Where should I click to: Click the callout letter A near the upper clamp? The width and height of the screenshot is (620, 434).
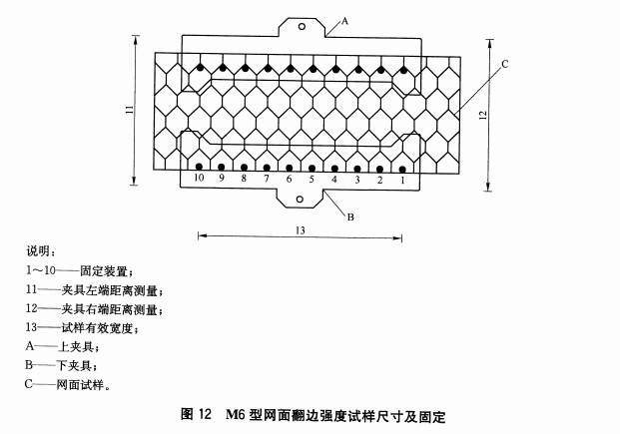pos(344,21)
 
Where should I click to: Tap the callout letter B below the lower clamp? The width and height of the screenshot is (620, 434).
pos(350,217)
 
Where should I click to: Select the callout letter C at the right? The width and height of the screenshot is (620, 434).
pos(504,64)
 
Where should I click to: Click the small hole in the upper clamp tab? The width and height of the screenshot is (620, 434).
pos(302,27)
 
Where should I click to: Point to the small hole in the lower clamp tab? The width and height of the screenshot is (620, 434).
pos(300,200)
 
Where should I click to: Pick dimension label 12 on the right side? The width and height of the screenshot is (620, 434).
pos(482,115)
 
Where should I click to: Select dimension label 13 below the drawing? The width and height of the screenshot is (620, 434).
pos(301,230)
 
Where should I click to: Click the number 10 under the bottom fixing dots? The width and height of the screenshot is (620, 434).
pos(199,178)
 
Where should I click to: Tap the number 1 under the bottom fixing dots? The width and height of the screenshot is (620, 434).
pos(402,181)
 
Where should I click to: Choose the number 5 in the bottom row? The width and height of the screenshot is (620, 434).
pos(311,180)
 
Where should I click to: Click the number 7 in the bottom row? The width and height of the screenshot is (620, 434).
pos(267,179)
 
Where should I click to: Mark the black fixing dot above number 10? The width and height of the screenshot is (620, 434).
pos(199,167)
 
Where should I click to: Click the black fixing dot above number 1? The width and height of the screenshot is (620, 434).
pos(402,170)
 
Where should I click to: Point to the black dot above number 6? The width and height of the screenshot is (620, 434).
pos(290,168)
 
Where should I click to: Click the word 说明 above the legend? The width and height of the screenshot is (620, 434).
pos(38,251)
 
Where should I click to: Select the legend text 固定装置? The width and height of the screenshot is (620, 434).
pos(104,271)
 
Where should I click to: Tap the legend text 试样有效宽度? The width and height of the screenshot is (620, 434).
pos(97,327)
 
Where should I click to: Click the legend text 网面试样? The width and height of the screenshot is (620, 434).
pos(80,384)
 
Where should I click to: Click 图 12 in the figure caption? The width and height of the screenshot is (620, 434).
pos(197,414)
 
